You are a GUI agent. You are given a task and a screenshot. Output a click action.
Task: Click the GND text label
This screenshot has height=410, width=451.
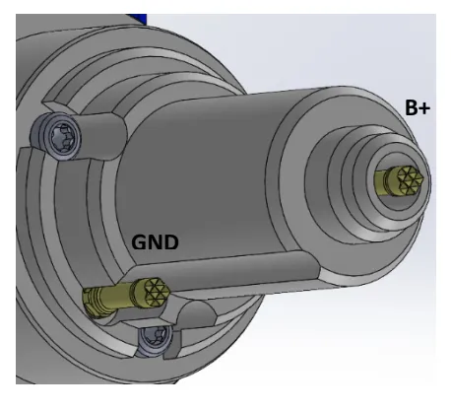pyautogui.click(x=155, y=241)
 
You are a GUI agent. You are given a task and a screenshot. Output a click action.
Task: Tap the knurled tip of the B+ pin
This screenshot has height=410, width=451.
pyautogui.click(x=408, y=179)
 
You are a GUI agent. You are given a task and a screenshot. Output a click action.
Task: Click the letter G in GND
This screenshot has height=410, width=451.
pyautogui.click(x=140, y=241)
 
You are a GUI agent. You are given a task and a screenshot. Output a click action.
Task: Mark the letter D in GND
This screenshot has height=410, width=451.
pyautogui.click(x=170, y=241)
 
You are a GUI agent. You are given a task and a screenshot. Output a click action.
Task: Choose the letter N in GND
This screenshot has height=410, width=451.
pyautogui.click(x=155, y=241)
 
